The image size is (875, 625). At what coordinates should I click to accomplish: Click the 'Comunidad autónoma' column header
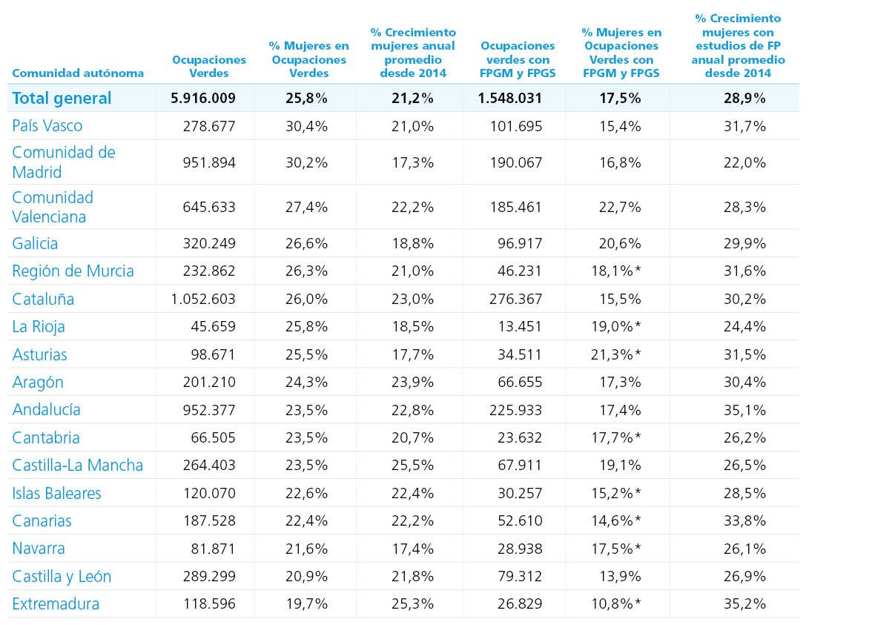[x=78, y=73]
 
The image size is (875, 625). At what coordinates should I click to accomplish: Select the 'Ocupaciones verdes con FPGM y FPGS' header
[x=518, y=59]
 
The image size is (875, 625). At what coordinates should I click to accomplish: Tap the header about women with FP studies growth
[x=738, y=46]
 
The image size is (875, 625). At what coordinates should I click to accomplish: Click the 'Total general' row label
[x=62, y=98]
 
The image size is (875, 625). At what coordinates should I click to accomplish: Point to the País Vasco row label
[x=47, y=125]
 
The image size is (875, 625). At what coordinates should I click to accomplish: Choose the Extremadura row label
[x=56, y=603]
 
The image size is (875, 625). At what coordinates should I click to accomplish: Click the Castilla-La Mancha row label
[x=78, y=466]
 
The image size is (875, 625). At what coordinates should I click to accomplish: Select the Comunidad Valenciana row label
[x=53, y=207]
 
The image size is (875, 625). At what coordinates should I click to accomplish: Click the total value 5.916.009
[x=203, y=98]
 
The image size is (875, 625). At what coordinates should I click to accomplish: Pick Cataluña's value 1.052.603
[x=203, y=299]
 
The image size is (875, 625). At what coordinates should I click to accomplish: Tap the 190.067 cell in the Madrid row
[x=516, y=162]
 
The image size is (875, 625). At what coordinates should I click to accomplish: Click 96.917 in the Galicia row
[x=520, y=243]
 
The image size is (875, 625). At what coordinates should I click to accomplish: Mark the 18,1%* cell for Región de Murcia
[x=616, y=271]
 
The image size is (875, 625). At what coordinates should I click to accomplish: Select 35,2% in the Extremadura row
[x=745, y=603]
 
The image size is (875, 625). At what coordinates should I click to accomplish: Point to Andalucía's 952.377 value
[x=209, y=410]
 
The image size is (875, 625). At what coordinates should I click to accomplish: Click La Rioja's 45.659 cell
[x=213, y=326]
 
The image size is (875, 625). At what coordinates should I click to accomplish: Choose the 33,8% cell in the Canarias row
[x=745, y=520]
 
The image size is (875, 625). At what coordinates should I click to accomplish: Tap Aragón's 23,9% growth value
[x=412, y=383]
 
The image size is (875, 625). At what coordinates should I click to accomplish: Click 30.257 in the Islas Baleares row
[x=520, y=493]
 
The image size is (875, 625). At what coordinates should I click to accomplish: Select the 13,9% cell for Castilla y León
[x=620, y=577]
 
